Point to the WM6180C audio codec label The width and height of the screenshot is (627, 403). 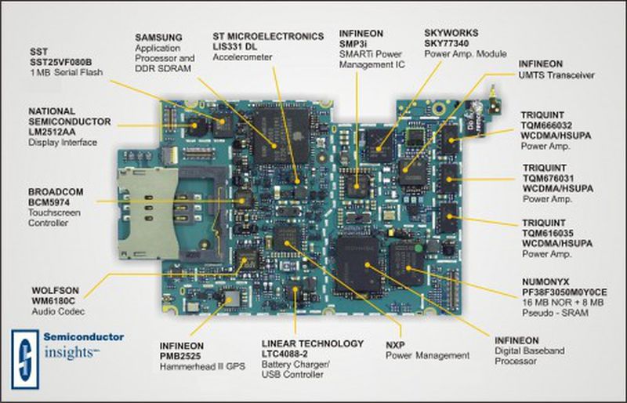coord(54,298)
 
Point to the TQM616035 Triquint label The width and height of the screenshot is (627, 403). coord(549,233)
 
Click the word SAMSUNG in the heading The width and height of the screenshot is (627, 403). coord(160,37)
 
